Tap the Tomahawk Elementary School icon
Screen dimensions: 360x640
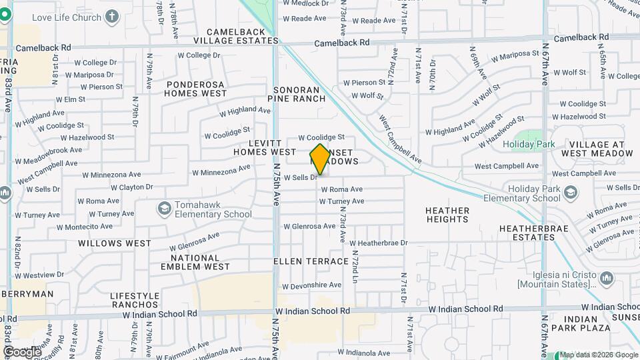coord(163,209)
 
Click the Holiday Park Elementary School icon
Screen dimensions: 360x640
coord(570,193)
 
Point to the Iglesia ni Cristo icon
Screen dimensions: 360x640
coord(606,277)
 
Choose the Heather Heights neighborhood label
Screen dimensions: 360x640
coord(447,215)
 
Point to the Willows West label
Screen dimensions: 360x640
coord(115,243)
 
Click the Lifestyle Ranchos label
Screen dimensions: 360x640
coord(135,300)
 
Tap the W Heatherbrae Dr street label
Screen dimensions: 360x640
coord(378,243)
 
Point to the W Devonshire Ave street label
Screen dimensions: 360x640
coord(313,285)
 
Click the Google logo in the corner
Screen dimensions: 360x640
coord(22,352)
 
